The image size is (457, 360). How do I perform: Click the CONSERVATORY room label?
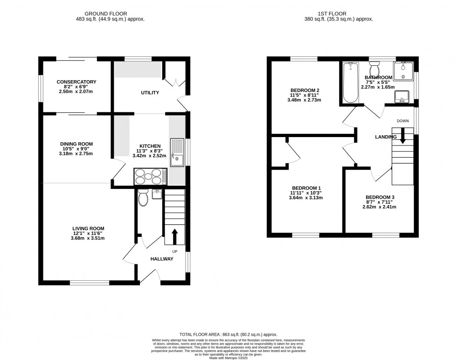point(76,82)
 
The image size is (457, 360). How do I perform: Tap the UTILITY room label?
point(150,93)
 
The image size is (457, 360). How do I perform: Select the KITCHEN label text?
point(150,146)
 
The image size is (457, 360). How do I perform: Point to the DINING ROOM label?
point(76,144)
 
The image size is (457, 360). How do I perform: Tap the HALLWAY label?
point(162,259)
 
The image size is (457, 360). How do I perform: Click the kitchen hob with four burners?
point(149,177)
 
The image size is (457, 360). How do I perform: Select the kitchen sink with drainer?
point(177,152)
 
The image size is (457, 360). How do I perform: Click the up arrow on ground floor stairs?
point(175,236)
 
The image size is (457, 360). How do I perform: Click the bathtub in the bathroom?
point(349,84)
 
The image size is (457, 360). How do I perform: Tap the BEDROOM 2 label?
point(305,90)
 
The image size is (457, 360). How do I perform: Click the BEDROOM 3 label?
point(380,197)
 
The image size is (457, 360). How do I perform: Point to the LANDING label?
point(386,137)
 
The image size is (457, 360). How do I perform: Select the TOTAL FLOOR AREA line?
point(228,335)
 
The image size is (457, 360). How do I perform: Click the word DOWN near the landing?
point(402,121)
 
